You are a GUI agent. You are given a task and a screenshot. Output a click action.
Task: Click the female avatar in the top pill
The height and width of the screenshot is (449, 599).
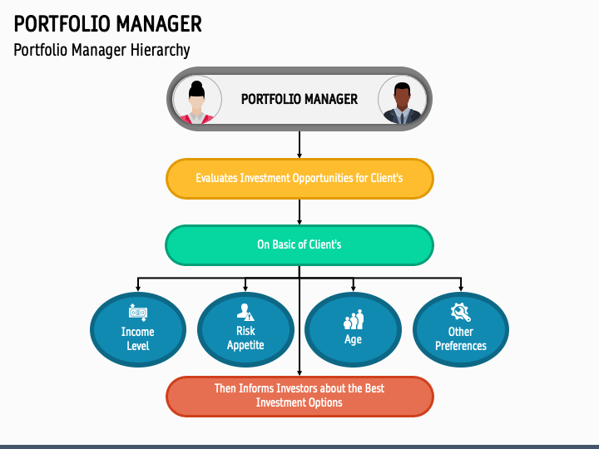click(196, 100)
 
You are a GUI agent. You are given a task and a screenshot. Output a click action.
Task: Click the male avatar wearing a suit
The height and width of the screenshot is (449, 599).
click(403, 100)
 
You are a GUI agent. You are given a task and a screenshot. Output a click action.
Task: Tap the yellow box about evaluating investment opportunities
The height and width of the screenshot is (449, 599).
click(299, 178)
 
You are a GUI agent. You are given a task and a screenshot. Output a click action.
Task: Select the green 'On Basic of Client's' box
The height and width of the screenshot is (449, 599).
click(299, 244)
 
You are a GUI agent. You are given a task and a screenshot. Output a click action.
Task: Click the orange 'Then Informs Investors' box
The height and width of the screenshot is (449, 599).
click(299, 396)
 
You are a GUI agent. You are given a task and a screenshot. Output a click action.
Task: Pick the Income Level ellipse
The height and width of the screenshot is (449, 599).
click(138, 329)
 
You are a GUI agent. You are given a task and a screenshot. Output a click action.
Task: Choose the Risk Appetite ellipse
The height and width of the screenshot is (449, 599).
click(245, 329)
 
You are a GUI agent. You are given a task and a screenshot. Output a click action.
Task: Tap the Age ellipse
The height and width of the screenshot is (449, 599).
click(353, 329)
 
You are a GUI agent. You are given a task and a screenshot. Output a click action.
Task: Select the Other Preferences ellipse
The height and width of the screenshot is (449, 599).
click(461, 329)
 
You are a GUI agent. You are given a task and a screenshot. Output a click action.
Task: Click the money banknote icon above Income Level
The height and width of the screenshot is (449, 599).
click(138, 313)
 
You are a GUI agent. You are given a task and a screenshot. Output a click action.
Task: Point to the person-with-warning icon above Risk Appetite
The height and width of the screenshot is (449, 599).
click(245, 312)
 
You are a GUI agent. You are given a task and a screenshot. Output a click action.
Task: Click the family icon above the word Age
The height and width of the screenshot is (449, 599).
click(354, 319)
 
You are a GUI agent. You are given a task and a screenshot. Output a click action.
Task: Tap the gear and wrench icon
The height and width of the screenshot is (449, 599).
click(461, 313)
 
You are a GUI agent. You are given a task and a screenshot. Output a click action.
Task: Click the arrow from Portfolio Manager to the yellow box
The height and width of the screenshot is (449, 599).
click(299, 145)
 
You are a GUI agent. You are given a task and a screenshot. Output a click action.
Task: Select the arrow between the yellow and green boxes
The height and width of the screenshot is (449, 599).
click(299, 212)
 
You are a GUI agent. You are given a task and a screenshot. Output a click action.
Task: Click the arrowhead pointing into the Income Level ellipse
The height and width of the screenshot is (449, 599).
click(138, 288)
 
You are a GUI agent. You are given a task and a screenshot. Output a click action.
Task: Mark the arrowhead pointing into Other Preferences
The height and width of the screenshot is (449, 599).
click(461, 288)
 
